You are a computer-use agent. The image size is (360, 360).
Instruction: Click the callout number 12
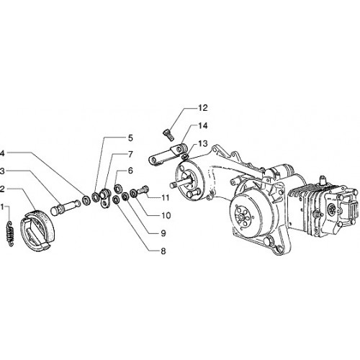click(202, 108)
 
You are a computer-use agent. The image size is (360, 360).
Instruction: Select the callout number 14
click(202, 126)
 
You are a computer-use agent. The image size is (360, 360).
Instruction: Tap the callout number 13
click(202, 144)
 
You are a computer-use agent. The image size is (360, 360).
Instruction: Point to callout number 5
click(130, 138)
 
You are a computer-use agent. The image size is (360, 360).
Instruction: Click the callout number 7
click(130, 154)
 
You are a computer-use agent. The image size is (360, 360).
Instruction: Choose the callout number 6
click(130, 171)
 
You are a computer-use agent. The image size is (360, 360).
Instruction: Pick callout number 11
click(165, 198)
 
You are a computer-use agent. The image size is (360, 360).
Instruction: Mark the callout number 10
click(166, 215)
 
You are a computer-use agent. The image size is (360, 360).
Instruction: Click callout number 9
click(163, 233)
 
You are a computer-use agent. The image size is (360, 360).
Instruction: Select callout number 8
click(163, 251)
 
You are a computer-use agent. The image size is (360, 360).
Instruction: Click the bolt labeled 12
click(169, 135)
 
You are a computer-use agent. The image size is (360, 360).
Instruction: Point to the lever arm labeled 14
click(167, 154)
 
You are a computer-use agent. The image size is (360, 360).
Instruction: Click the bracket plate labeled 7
click(104, 199)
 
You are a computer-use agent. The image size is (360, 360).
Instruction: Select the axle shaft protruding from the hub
click(179, 183)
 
